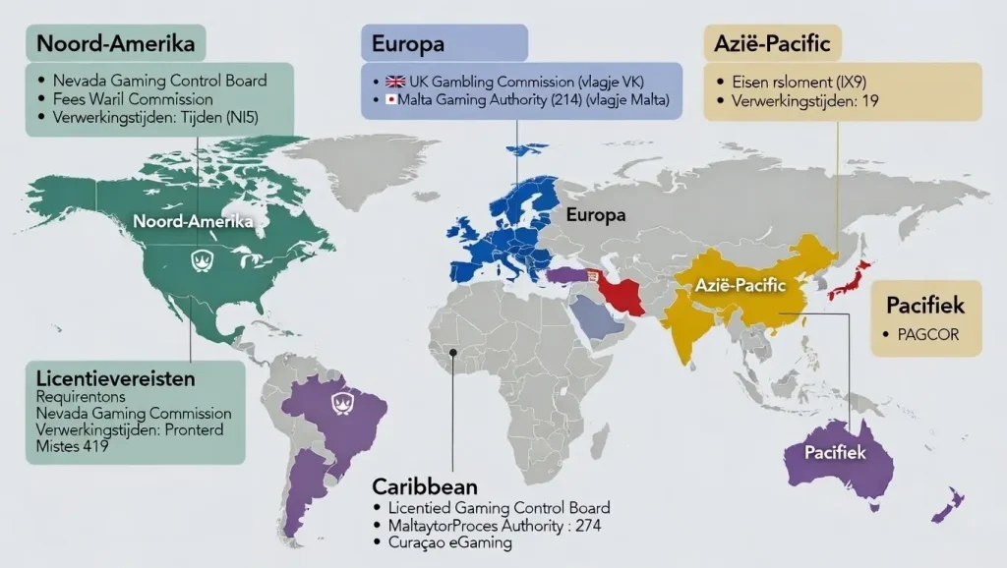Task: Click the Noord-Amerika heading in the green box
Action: tap(115, 44)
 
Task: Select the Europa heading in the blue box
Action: tap(408, 44)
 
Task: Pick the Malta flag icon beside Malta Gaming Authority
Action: tap(390, 100)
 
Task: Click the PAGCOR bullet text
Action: tap(927, 334)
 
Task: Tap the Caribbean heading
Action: tap(425, 486)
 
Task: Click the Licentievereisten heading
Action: tap(114, 377)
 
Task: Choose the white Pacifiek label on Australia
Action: tap(834, 453)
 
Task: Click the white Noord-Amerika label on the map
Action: tap(193, 222)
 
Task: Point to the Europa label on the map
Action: tap(596, 215)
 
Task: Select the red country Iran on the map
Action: tap(621, 292)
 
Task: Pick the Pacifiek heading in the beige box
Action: tap(925, 306)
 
